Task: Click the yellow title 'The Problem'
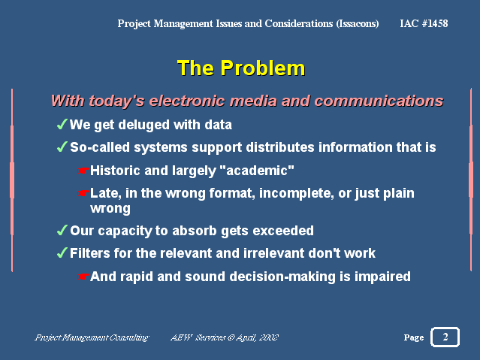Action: (241, 68)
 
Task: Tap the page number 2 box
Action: (445, 337)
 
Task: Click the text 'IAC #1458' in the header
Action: (424, 23)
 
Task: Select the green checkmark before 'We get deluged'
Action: (62, 124)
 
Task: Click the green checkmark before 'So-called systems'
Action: (62, 147)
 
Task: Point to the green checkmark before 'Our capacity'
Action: (62, 230)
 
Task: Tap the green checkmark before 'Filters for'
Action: (62, 253)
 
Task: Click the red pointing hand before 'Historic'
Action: (83, 171)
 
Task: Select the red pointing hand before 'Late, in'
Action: (83, 193)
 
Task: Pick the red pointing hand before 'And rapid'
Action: (83, 277)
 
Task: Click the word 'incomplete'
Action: (296, 193)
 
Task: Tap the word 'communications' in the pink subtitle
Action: (379, 101)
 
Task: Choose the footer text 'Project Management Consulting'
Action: (92, 337)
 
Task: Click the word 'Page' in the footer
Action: (414, 337)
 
